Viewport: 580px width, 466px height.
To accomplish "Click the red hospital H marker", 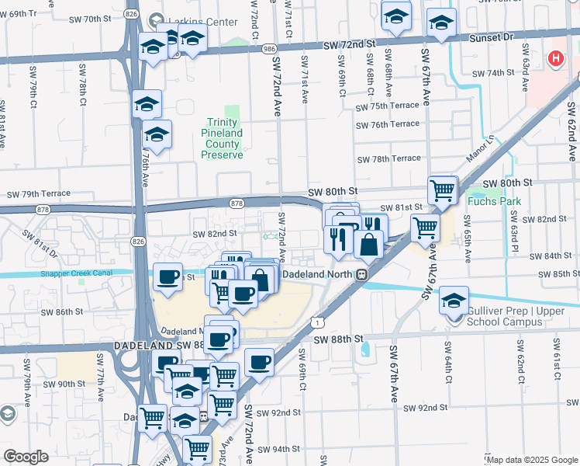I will [556, 58].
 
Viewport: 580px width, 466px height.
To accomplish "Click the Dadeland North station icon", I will [361, 274].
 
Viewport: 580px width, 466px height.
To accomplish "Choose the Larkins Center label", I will [203, 23].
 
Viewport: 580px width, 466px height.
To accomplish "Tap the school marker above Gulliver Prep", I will [454, 301].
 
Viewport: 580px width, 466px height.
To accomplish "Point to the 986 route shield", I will [268, 48].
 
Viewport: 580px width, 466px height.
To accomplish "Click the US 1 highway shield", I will [316, 321].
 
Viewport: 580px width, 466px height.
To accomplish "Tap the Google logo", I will [26, 457].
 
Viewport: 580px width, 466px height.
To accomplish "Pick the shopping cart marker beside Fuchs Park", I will [442, 190].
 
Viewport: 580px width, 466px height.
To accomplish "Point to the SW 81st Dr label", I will [40, 242].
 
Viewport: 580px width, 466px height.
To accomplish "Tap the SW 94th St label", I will [279, 449].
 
